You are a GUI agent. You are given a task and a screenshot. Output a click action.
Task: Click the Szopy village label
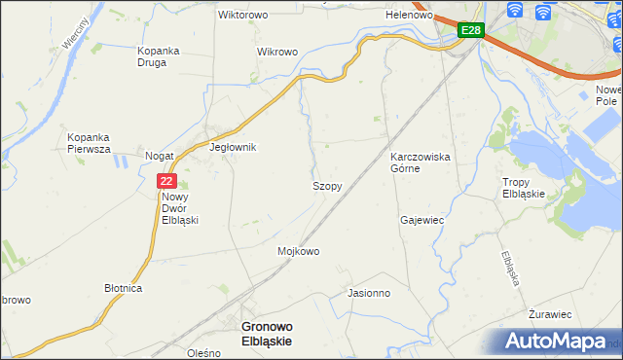point(326,186)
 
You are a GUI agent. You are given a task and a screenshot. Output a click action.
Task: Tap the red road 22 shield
point(166,180)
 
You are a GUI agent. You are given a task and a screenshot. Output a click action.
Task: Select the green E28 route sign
point(471,31)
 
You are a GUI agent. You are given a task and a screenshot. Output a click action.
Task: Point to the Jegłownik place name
point(233,148)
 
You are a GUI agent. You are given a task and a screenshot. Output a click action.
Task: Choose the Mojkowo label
point(299,251)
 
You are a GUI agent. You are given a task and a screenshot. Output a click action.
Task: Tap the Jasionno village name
point(368,292)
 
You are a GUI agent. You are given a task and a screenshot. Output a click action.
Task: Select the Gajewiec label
point(421,220)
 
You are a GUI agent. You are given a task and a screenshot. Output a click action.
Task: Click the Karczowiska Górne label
point(419,162)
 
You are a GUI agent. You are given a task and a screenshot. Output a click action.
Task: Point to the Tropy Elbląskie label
point(530,188)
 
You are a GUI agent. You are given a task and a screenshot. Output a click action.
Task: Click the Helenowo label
point(409,16)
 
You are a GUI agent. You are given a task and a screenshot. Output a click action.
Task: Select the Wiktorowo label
point(243,16)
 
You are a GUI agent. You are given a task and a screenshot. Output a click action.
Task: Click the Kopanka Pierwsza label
point(89,143)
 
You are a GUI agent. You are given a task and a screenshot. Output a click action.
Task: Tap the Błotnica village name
point(124,289)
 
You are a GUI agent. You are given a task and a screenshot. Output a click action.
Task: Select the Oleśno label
point(205,353)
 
